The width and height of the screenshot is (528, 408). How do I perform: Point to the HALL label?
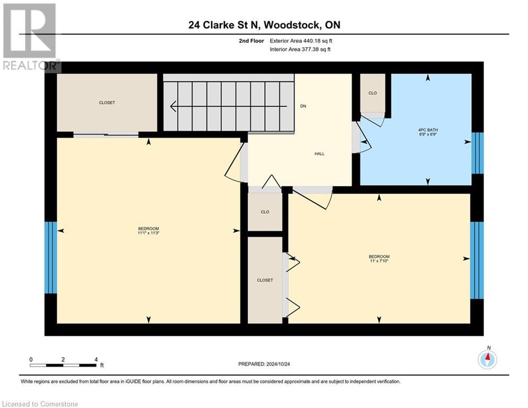pyautogui.click(x=319, y=154)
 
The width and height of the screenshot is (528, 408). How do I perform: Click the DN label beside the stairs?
pyautogui.click(x=303, y=106)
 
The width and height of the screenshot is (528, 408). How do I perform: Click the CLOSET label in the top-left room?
pyautogui.click(x=107, y=103)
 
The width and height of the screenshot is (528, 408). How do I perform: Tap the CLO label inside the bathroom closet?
pyautogui.click(x=373, y=93)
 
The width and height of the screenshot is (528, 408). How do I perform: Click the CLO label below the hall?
pyautogui.click(x=265, y=212)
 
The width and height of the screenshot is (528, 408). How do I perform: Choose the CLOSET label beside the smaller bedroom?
pyautogui.click(x=265, y=280)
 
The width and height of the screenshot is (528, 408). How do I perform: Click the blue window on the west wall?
pyautogui.click(x=50, y=258)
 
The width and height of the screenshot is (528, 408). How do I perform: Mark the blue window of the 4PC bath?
pyautogui.click(x=478, y=153)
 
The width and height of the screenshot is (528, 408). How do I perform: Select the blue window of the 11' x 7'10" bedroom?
pyautogui.click(x=477, y=260)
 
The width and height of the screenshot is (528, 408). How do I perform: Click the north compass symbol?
pyautogui.click(x=487, y=359)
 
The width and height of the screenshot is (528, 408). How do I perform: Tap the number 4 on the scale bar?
pyautogui.click(x=96, y=360)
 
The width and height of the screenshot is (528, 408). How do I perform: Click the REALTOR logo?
pyautogui.click(x=30, y=37)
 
